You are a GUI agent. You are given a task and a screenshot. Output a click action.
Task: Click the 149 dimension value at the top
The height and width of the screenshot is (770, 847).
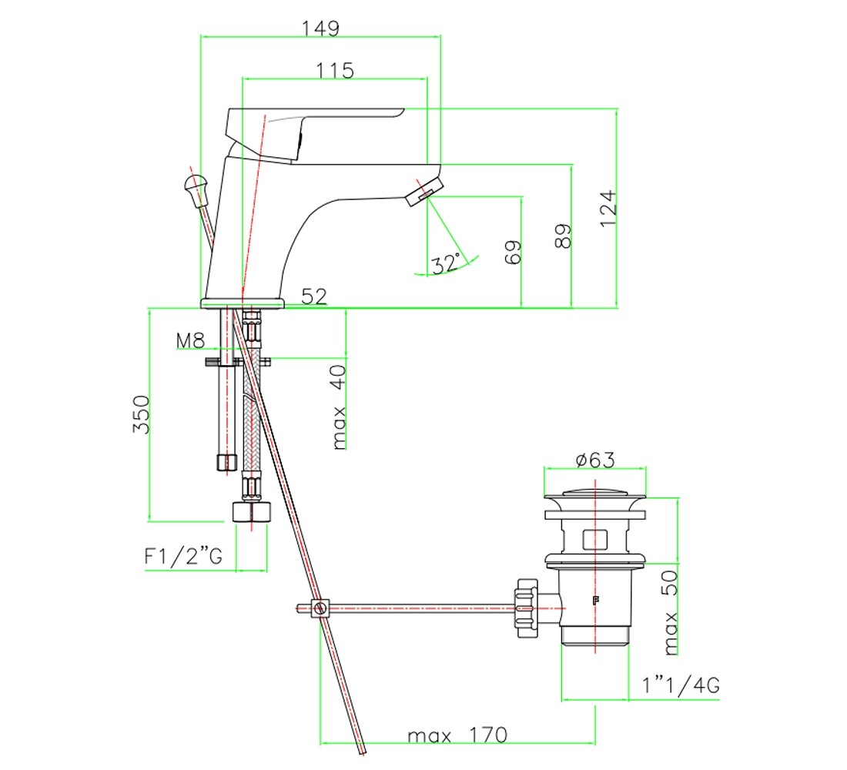coord(320,28)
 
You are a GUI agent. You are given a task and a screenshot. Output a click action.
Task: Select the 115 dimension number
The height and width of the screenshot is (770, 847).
coord(335,71)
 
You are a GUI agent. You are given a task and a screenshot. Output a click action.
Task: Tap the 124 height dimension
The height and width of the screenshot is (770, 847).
coord(608,209)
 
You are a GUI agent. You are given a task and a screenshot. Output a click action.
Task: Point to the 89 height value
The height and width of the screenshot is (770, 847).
coord(563,236)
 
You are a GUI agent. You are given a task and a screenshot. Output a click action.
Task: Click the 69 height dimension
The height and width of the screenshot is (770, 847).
coord(513,252)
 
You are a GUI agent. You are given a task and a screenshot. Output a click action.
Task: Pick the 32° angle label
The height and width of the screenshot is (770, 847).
coord(446,263)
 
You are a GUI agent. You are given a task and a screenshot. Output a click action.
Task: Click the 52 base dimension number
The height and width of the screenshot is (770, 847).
coord(314,296)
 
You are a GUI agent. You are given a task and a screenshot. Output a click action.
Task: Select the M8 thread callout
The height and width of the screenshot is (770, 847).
coord(190,340)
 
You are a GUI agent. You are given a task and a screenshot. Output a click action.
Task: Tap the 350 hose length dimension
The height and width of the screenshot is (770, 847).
coord(141,414)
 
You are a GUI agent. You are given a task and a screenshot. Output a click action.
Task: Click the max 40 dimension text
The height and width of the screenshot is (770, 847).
coord(338,407)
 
